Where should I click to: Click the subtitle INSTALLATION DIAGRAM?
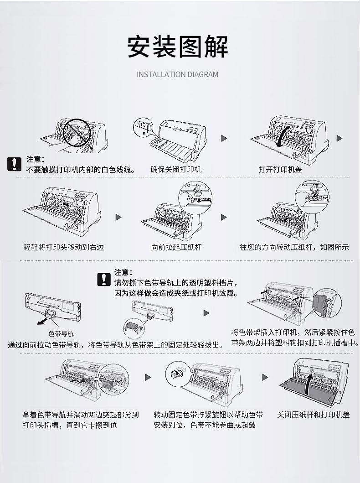(x=178, y=74)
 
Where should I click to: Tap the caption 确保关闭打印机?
(x=176, y=170)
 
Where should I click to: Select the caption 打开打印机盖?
(x=280, y=170)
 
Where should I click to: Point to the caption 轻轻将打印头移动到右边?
(x=64, y=247)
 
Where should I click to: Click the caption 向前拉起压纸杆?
(x=176, y=247)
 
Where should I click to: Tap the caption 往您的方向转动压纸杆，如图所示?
(x=294, y=247)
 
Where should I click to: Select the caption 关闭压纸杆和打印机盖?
(x=314, y=415)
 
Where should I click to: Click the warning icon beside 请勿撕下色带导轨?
(x=104, y=279)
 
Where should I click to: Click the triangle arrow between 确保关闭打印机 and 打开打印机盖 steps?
(x=224, y=138)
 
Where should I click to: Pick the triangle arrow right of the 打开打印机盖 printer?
(x=339, y=138)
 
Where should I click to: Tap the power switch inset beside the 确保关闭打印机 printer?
(x=145, y=125)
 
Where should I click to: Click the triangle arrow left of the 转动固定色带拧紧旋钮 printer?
(x=148, y=377)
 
